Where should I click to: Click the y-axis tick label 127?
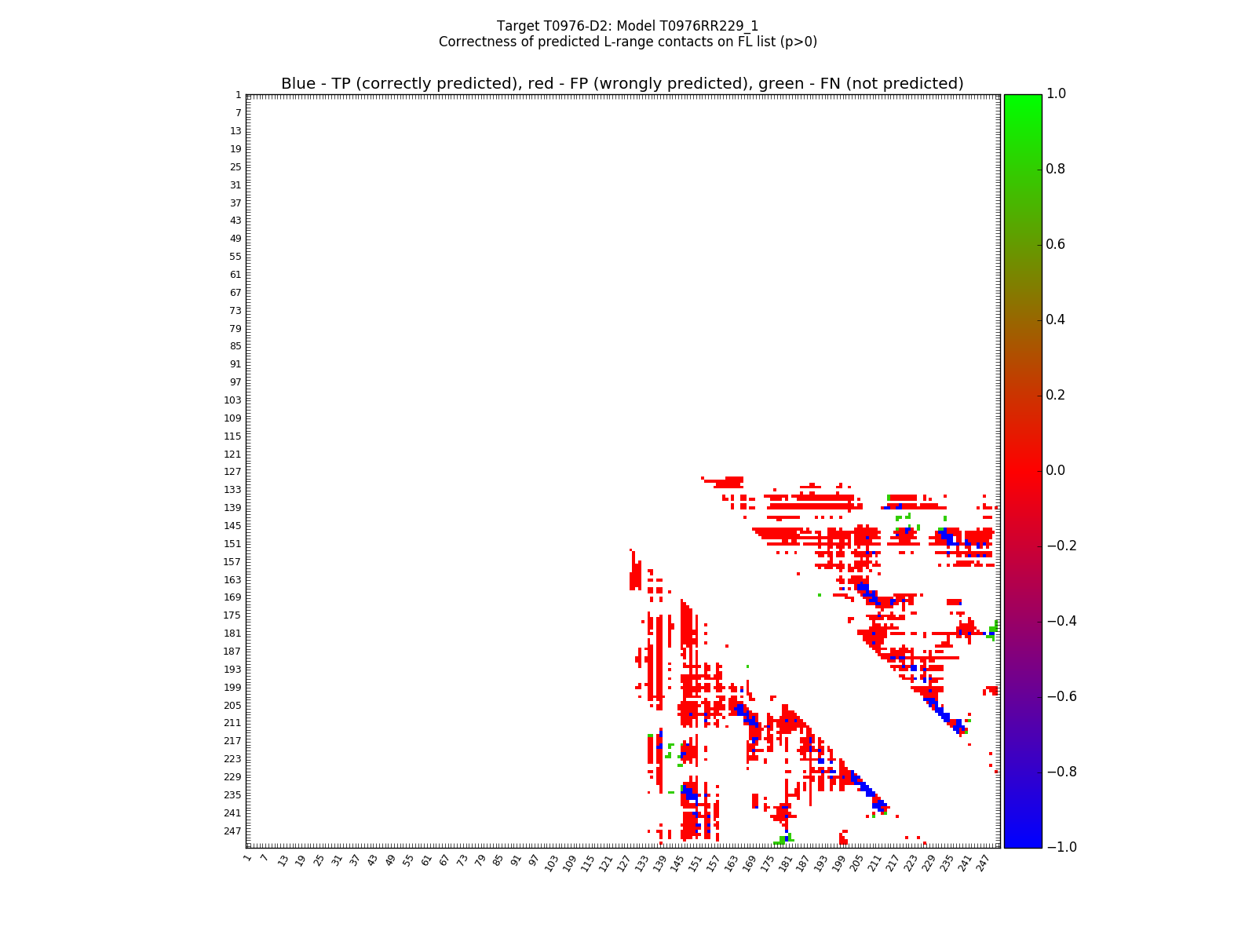[233, 472]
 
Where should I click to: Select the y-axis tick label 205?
[233, 705]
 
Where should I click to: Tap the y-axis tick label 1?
[238, 95]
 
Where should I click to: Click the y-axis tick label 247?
[233, 831]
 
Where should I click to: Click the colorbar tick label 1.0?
[1056, 94]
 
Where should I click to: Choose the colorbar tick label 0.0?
[1056, 471]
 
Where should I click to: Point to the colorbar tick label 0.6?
[1056, 245]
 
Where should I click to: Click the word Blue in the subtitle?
[298, 84]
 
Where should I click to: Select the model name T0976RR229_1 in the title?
[710, 26]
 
